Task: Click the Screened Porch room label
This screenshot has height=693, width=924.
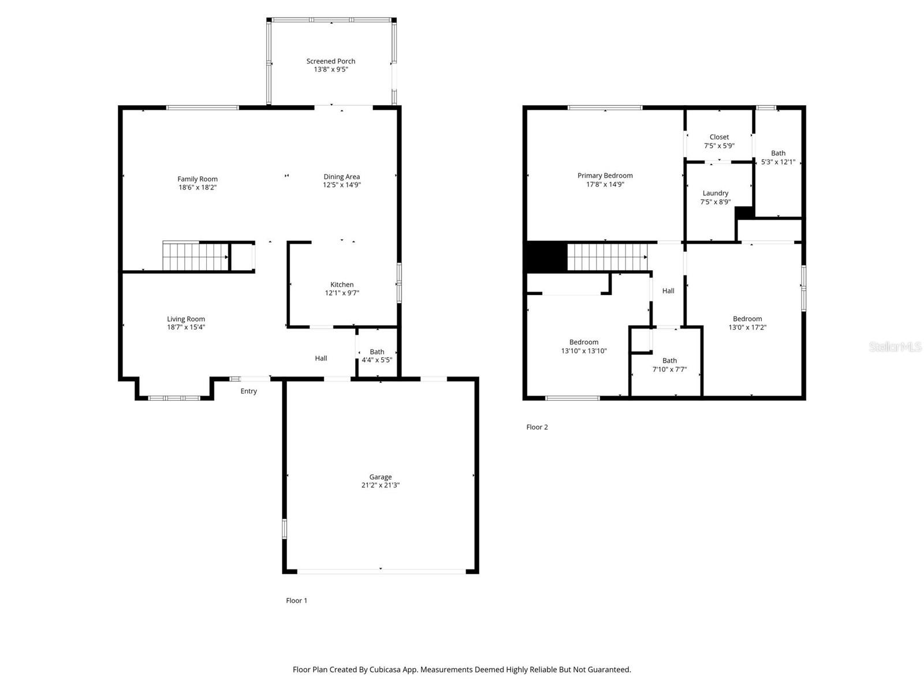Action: point(330,61)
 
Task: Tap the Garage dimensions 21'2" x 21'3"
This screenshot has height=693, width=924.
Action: point(380,486)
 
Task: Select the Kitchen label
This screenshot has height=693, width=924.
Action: point(342,285)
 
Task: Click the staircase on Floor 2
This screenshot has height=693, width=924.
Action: point(606,257)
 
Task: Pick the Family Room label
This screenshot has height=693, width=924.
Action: point(198,179)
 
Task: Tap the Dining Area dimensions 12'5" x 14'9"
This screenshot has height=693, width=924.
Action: point(341,185)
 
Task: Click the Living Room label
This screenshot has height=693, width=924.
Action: point(186,319)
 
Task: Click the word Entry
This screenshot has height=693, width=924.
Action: point(248,392)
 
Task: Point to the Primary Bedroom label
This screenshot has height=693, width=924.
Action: point(605,176)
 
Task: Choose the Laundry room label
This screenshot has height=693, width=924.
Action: point(715,193)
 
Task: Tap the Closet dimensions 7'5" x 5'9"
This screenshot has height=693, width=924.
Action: point(719,146)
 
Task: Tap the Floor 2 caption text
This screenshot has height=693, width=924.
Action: point(536,427)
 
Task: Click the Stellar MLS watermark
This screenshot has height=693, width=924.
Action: point(895,346)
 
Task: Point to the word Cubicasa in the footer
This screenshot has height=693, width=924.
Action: point(393,670)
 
